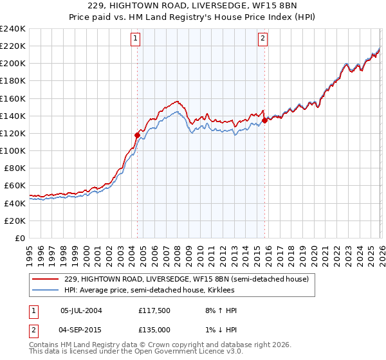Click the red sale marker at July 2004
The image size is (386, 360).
[x=137, y=135]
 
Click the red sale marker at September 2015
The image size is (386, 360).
[x=264, y=120]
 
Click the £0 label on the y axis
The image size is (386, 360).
[x=21, y=238]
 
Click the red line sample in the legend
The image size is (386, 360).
[x=46, y=279]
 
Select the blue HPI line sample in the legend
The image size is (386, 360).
[x=46, y=290]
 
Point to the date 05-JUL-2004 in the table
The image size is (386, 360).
[x=80, y=310]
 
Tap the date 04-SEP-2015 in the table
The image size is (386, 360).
[x=80, y=330]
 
